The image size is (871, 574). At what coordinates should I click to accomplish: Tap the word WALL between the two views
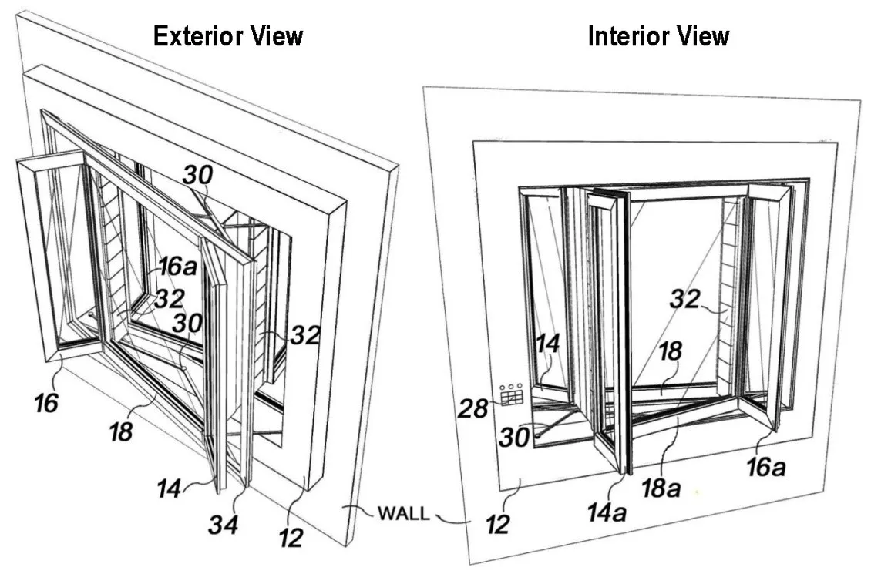402,514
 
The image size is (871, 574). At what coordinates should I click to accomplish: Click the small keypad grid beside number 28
511,395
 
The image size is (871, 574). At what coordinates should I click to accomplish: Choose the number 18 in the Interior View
670,352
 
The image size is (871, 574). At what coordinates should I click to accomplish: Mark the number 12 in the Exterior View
291,537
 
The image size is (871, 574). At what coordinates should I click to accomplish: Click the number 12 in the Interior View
499,525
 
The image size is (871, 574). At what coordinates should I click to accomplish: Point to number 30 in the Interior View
513,436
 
